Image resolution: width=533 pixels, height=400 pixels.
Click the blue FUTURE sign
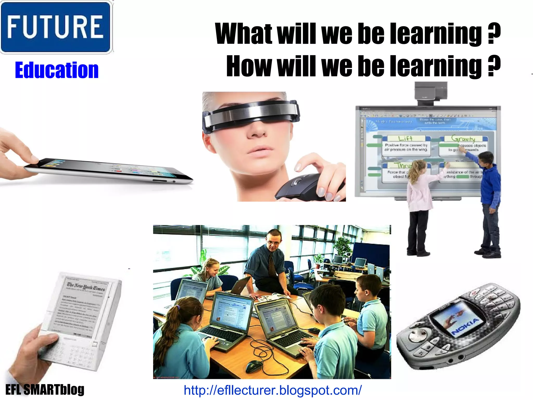click(x=56, y=27)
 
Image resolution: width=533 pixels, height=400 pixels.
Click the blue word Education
click(x=57, y=70)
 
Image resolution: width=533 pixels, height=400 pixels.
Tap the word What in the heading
click(x=244, y=34)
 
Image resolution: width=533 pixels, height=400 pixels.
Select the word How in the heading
click(x=249, y=66)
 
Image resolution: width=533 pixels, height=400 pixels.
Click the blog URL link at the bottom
click(x=272, y=390)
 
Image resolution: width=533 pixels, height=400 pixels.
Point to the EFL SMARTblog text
click(x=45, y=390)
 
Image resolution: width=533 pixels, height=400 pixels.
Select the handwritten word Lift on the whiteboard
click(x=405, y=138)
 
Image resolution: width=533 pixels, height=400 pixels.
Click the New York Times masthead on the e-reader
click(x=86, y=287)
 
